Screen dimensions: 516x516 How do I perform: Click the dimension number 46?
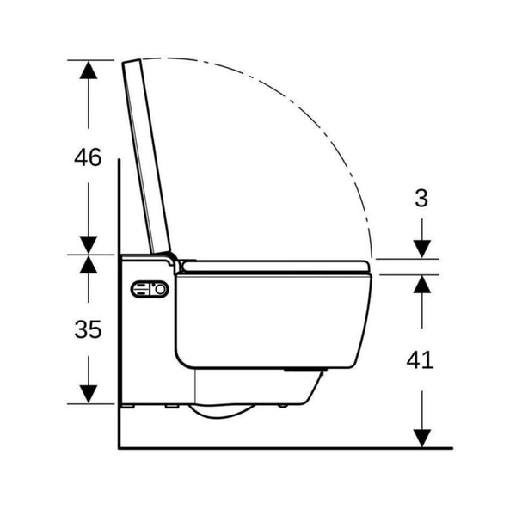pos(88,157)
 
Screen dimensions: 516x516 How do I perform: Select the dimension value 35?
pos(88,329)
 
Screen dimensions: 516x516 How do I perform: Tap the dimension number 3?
pos(421,198)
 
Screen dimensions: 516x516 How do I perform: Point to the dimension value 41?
pos(421,359)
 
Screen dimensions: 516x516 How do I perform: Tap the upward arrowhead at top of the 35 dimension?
pos(88,266)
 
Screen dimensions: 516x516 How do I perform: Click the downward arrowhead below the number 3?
pos(421,247)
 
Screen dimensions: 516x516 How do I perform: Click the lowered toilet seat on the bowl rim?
pos(275,267)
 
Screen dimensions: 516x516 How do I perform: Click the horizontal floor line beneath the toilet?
pos(284,447)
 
